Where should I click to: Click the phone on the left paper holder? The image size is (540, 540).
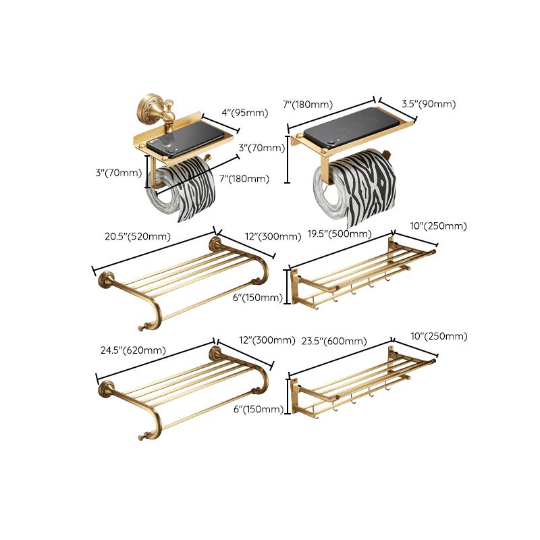(181, 140)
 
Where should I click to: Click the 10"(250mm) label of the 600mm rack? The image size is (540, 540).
(439, 336)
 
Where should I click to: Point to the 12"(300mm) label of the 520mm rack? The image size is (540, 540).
(273, 236)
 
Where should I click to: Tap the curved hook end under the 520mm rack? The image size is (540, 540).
(144, 327)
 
